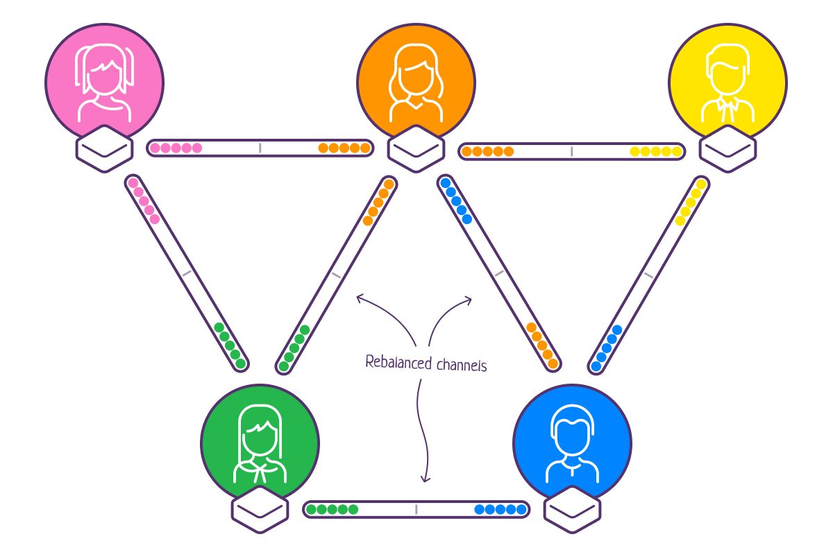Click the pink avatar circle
104,76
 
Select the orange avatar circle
416,76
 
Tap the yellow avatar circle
727,76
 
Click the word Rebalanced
395,362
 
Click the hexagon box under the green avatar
260,510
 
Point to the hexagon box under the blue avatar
572,510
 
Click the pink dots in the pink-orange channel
176,148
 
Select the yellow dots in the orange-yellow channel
656,151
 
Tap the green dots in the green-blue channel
332,509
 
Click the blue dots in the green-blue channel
500,509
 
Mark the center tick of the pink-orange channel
260,148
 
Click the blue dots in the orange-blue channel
456,201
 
